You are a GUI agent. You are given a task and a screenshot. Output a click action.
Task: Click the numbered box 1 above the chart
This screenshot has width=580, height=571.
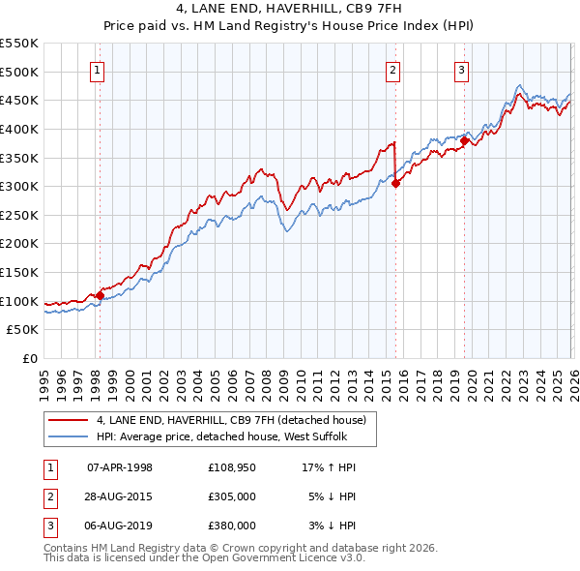pos(99,69)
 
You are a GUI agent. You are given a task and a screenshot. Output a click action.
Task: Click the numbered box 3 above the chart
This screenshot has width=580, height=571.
pos(462,69)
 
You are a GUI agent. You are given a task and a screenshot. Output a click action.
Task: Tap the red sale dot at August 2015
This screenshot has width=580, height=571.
pos(395,184)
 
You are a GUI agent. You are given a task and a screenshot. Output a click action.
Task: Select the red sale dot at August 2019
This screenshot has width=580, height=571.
pos(464,140)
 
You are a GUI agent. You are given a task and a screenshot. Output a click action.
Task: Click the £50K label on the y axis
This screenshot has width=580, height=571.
pos(23,330)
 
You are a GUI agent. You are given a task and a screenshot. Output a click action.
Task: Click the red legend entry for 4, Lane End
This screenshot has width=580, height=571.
pos(230,421)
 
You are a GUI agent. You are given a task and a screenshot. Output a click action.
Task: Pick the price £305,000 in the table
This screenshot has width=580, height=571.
pos(232,496)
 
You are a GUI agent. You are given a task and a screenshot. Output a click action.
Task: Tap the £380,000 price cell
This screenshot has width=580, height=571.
pos(232,526)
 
